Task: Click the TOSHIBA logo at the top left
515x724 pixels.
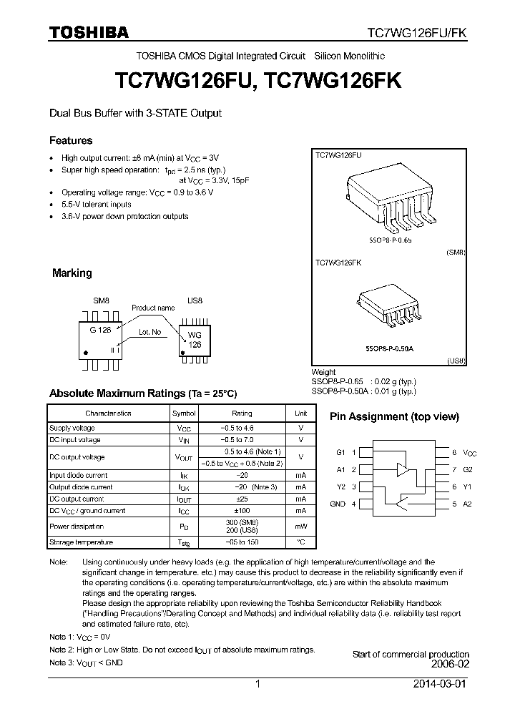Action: pyautogui.click(x=88, y=32)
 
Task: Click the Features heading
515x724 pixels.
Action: pyautogui.click(x=70, y=140)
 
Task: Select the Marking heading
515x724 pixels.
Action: pyautogui.click(x=72, y=273)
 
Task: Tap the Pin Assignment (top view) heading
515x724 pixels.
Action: pyautogui.click(x=393, y=416)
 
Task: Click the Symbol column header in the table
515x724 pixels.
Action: pyautogui.click(x=184, y=414)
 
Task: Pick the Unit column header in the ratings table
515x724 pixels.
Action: pyautogui.click(x=300, y=414)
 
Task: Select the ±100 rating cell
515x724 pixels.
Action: pyautogui.click(x=242, y=511)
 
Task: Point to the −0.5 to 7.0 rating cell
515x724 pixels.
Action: pyautogui.click(x=242, y=440)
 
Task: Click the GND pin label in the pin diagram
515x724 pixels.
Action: pyautogui.click(x=337, y=504)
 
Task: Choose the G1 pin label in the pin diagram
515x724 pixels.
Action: pyautogui.click(x=340, y=453)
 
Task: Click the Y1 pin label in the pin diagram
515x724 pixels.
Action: pyautogui.click(x=468, y=487)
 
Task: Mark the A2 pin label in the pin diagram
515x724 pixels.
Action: pyautogui.click(x=468, y=504)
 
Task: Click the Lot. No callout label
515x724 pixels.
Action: pyautogui.click(x=149, y=333)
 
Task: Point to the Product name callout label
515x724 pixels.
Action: pyautogui.click(x=152, y=308)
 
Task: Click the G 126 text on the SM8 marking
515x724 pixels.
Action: pyautogui.click(x=101, y=330)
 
